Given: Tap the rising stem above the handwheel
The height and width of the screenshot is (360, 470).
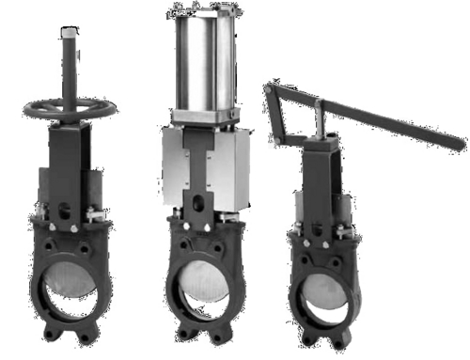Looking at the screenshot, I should [x=69, y=66].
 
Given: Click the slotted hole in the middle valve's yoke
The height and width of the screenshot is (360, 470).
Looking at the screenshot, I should [x=198, y=202].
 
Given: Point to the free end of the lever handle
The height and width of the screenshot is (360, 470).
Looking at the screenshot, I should [x=459, y=144].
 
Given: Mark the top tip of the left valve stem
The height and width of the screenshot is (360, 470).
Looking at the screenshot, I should [x=69, y=30].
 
